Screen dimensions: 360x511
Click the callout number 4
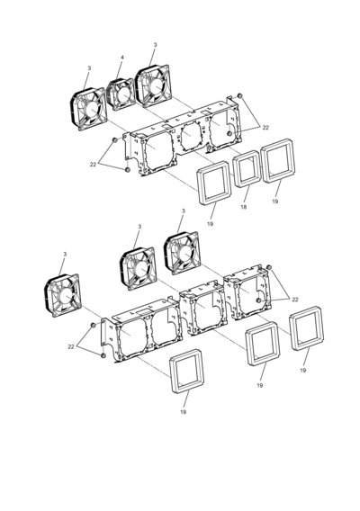pyautogui.click(x=122, y=58)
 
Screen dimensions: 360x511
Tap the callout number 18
pyautogui.click(x=244, y=207)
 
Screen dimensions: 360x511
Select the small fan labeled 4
pyautogui.click(x=121, y=94)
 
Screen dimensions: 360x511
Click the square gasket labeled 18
pyautogui.click(x=247, y=169)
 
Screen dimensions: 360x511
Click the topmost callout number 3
pyautogui.click(x=155, y=45)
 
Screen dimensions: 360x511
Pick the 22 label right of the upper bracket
pyautogui.click(x=265, y=128)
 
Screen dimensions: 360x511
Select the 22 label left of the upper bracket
pyautogui.click(x=93, y=165)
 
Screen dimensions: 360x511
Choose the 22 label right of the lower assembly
pyautogui.click(x=295, y=300)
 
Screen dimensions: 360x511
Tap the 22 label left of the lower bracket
pyautogui.click(x=71, y=346)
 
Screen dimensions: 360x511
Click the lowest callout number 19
pyautogui.click(x=184, y=412)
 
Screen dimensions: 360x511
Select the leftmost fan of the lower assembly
pyautogui.click(x=62, y=295)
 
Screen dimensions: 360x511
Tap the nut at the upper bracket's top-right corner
pyautogui.click(x=239, y=95)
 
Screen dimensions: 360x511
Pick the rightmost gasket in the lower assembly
pyautogui.click(x=307, y=328)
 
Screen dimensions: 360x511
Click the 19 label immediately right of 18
pyautogui.click(x=275, y=202)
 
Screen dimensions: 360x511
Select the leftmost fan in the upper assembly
pyautogui.click(x=88, y=109)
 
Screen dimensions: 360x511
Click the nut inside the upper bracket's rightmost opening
pyautogui.click(x=229, y=134)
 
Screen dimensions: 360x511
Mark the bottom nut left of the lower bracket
pyautogui.click(x=103, y=355)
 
